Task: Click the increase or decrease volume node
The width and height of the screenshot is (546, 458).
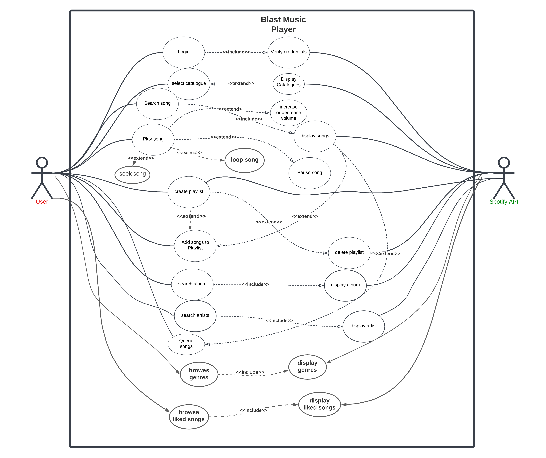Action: click(289, 113)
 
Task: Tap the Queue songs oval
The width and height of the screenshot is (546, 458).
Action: click(186, 344)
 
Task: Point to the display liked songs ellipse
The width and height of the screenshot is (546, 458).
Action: click(319, 404)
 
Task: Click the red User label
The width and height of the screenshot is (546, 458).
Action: click(42, 202)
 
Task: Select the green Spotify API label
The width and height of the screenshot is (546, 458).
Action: click(504, 202)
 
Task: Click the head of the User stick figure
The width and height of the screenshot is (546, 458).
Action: click(42, 163)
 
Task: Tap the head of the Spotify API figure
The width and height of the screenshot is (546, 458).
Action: click(504, 163)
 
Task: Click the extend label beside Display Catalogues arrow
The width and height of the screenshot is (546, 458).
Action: click(241, 83)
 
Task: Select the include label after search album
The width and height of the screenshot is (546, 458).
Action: click(255, 284)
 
